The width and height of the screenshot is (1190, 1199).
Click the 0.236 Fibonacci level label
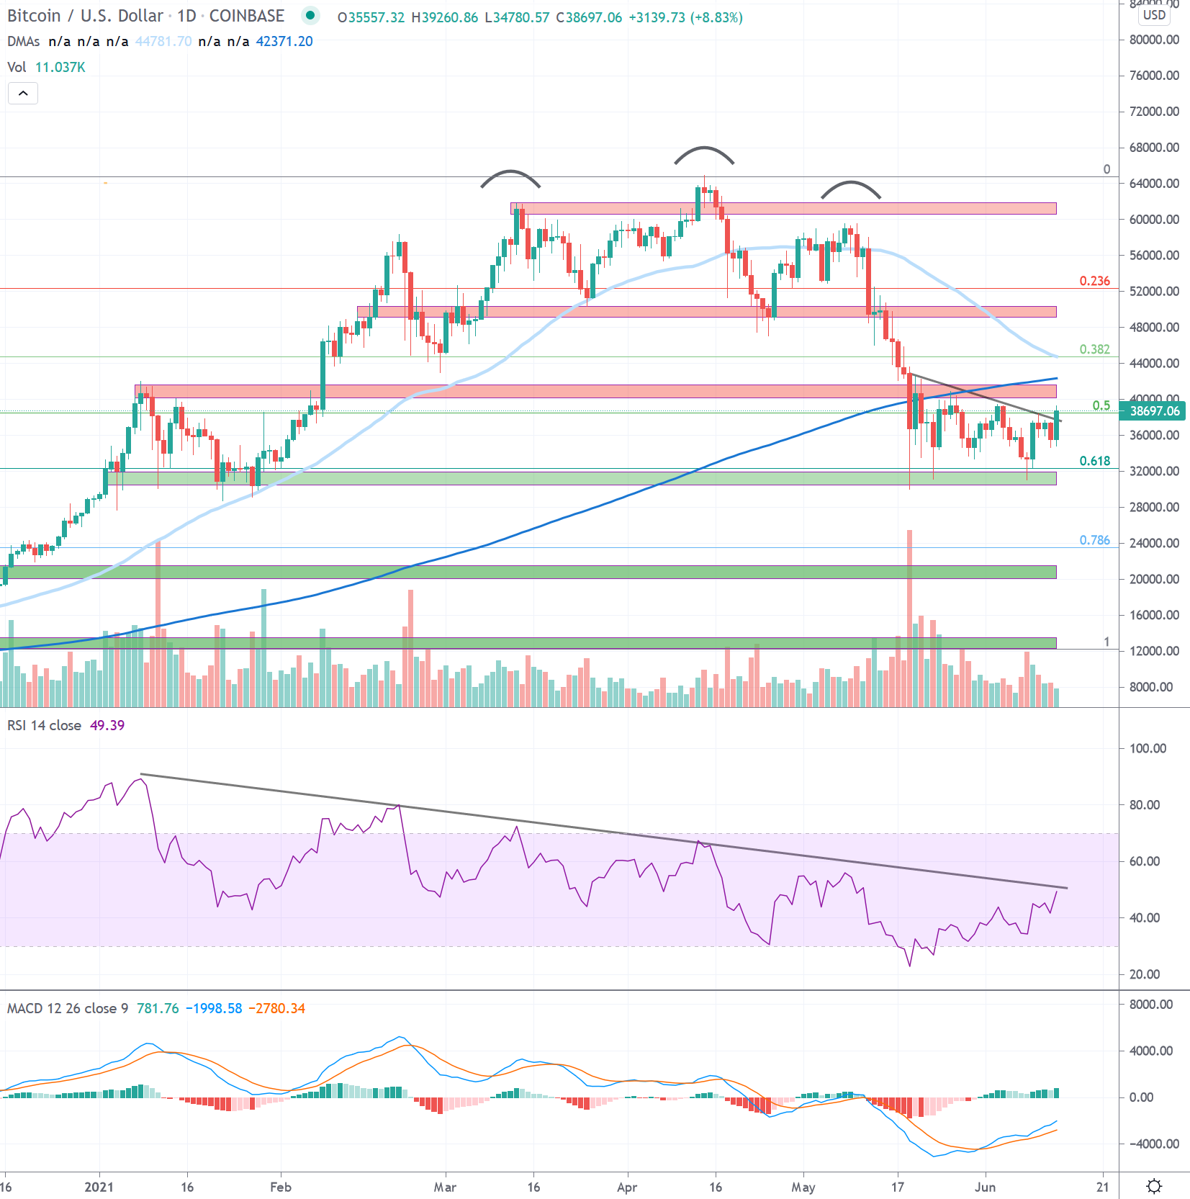pyautogui.click(x=1094, y=281)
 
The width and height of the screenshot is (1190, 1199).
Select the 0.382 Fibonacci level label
pyautogui.click(x=1094, y=349)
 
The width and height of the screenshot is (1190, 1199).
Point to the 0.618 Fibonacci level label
pyautogui.click(x=1094, y=461)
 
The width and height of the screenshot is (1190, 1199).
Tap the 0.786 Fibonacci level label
pyautogui.click(x=1094, y=540)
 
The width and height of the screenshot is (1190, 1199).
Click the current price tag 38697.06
pyautogui.click(x=1154, y=411)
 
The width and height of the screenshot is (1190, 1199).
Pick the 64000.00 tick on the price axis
pyautogui.click(x=1154, y=184)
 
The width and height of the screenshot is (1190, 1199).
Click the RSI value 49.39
pyautogui.click(x=107, y=725)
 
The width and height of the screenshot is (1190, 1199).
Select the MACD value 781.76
pyautogui.click(x=158, y=1008)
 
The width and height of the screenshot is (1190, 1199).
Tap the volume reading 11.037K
pyautogui.click(x=60, y=67)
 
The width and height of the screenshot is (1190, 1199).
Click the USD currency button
pyautogui.click(x=1154, y=15)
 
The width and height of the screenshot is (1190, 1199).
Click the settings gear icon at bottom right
pyautogui.click(x=1154, y=1186)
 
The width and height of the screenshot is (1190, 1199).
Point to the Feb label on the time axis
pyautogui.click(x=281, y=1187)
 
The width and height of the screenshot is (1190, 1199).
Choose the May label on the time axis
pyautogui.click(x=803, y=1187)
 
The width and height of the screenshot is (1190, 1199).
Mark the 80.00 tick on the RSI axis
pyautogui.click(x=1144, y=805)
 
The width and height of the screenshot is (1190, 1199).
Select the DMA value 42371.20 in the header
pyautogui.click(x=284, y=41)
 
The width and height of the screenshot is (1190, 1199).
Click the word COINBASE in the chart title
pyautogui.click(x=246, y=16)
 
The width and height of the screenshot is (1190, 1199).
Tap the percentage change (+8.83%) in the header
pyautogui.click(x=716, y=17)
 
